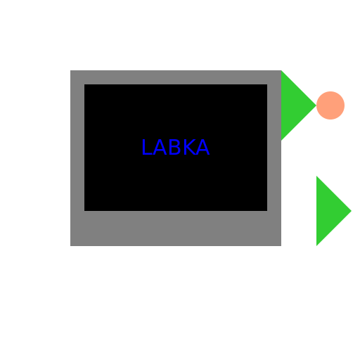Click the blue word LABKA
coord(176,147)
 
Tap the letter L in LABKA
coord(147,147)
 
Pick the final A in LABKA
coord(202,147)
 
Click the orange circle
coord(330,105)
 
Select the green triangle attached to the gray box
coord(293,105)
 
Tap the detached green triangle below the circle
coord(328,211)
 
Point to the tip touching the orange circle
coord(316,105)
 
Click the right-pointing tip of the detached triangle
coord(352,211)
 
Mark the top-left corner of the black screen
coord(84,84)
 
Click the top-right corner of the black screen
coord(267,84)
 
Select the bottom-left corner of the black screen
coord(84,211)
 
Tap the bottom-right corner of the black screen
coord(267,211)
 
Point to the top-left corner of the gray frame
coord(70,70)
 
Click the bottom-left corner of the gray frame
coord(70,246)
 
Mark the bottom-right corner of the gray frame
coord(281,246)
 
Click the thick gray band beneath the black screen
coord(176,229)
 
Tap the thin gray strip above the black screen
coord(176,77)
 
